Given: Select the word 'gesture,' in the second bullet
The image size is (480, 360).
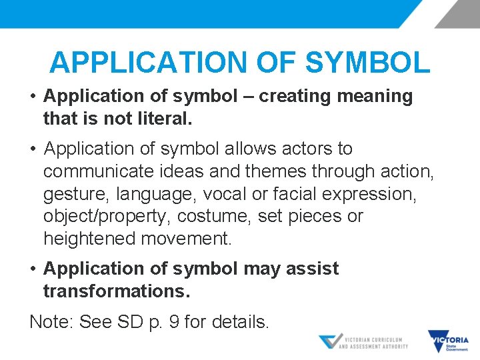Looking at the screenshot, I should pyautogui.click(x=77, y=193).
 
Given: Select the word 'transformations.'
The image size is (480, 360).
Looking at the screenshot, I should pyautogui.click(x=117, y=291).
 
